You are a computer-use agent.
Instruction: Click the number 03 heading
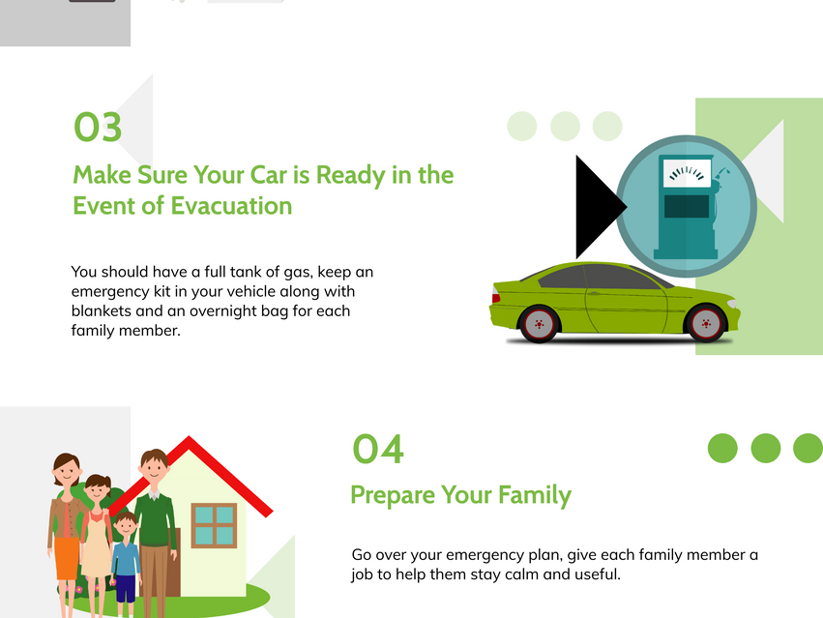[98, 127]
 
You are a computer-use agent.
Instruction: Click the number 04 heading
[378, 449]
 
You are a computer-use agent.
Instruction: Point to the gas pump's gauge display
[687, 173]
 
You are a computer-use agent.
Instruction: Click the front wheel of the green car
[706, 323]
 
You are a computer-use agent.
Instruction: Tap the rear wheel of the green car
[539, 324]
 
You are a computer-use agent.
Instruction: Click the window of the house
[214, 525]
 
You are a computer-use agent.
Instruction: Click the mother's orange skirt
[67, 558]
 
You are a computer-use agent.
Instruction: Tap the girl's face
[98, 492]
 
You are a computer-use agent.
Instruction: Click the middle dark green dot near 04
[766, 449]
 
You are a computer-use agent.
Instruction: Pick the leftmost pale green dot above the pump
[522, 126]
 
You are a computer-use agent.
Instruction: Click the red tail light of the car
[495, 295]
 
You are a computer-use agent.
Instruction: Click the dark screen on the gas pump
[687, 206]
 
